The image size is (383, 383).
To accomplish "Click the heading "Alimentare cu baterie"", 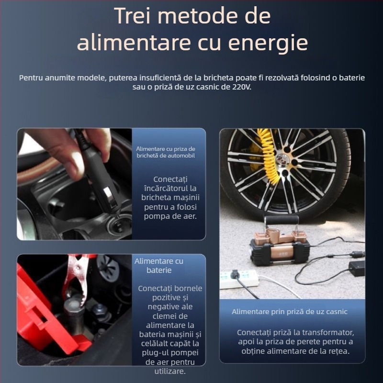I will (159, 266).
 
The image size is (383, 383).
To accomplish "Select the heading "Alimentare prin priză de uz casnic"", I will (290, 312).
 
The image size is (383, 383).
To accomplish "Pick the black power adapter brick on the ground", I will (357, 268).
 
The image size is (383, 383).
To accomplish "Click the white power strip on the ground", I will (239, 279).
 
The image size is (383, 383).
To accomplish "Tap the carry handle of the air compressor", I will (281, 222).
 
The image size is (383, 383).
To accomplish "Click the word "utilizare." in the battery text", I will (170, 371).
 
